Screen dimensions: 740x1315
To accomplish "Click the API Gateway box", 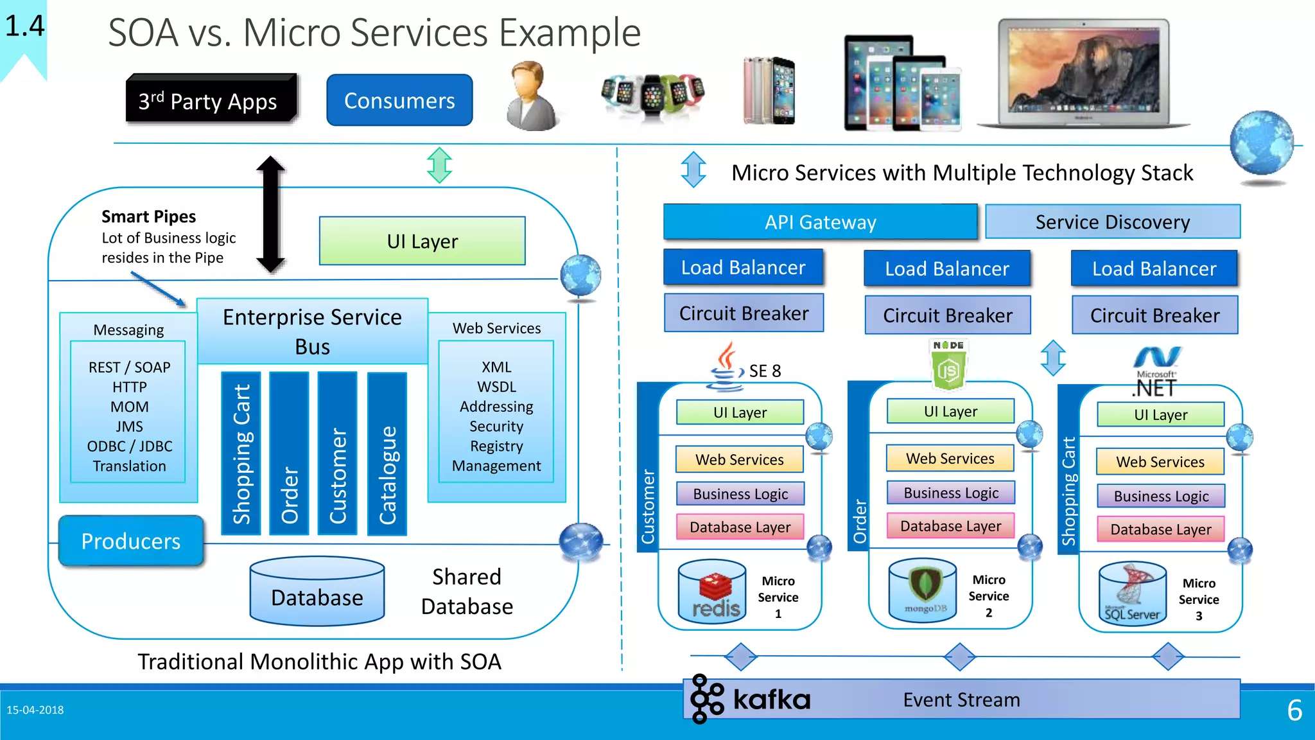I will pyautogui.click(x=820, y=222).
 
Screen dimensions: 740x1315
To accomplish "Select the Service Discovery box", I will pyautogui.click(x=1112, y=222).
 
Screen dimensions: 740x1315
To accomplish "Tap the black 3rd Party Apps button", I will pyautogui.click(x=211, y=100).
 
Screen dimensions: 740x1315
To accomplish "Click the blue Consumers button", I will pyautogui.click(x=399, y=100).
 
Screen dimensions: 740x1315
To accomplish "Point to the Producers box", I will pyautogui.click(x=131, y=541).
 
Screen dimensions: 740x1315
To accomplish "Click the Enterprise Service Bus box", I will pyautogui.click(x=312, y=331).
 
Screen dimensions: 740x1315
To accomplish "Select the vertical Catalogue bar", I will pyautogui.click(x=387, y=454).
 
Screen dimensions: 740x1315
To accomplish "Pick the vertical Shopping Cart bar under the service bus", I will pyautogui.click(x=241, y=454).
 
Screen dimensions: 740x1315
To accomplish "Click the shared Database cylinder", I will pyautogui.click(x=317, y=592).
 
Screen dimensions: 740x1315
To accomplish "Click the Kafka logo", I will pyautogui.click(x=750, y=699).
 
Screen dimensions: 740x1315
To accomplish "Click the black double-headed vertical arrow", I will pyautogui.click(x=270, y=214).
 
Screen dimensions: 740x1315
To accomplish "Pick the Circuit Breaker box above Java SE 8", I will pyautogui.click(x=744, y=313).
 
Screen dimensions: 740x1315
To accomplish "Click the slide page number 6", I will pyautogui.click(x=1294, y=710).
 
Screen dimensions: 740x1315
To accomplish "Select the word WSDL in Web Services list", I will pyautogui.click(x=496, y=387).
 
